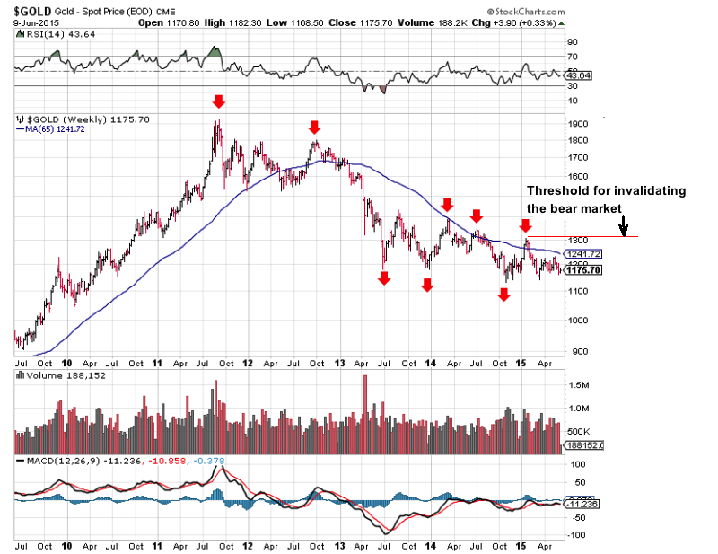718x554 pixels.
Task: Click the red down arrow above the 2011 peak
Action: click(218, 101)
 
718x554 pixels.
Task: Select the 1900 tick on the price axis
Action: click(579, 124)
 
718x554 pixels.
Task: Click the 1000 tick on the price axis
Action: click(579, 321)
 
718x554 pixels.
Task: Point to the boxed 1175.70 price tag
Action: click(584, 270)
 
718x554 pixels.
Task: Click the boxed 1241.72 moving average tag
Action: click(584, 254)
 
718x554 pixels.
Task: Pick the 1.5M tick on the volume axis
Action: click(579, 384)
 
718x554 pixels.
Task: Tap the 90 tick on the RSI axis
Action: click(572, 41)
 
